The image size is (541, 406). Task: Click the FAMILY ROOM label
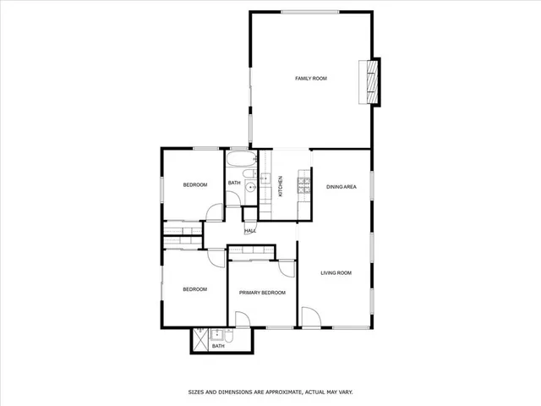[311, 79]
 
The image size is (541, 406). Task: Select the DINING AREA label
[341, 186]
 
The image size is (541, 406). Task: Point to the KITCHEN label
[281, 187]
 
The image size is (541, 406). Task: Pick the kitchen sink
[264, 179]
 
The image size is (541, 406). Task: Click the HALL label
[250, 231]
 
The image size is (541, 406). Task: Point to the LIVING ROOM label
[336, 273]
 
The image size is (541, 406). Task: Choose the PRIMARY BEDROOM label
[261, 293]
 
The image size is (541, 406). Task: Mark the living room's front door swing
[311, 318]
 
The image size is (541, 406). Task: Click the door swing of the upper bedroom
[215, 213]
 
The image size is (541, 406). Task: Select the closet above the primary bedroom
[252, 250]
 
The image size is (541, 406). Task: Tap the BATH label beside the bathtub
[234, 183]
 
